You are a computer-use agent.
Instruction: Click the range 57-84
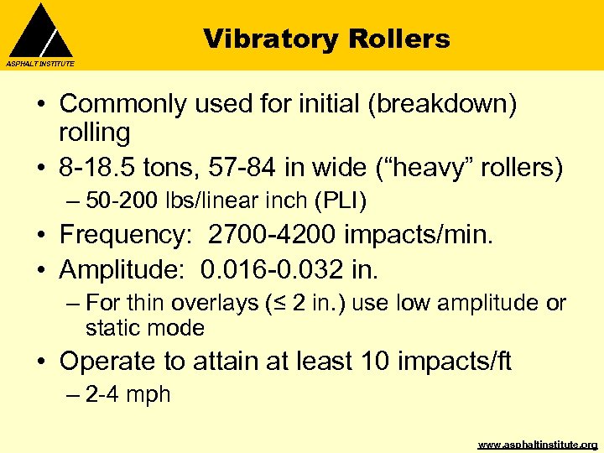pos(261,168)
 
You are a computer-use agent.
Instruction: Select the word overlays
pos(221,303)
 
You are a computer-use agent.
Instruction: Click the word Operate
pos(108,361)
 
